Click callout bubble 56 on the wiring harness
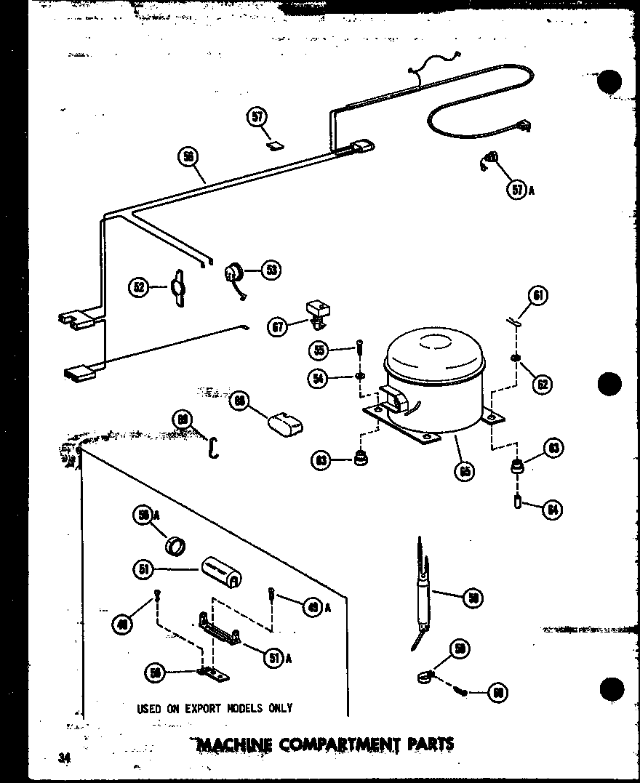[x=188, y=156]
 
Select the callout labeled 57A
[x=517, y=190]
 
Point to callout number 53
[x=271, y=270]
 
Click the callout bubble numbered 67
[x=279, y=328]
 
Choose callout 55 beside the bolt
[x=319, y=350]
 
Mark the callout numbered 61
[x=538, y=296]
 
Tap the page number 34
[x=65, y=758]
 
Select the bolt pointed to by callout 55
[x=359, y=349]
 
